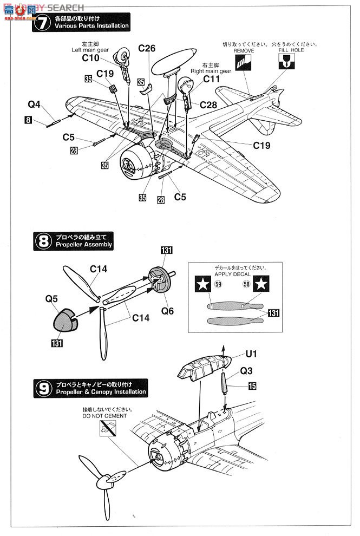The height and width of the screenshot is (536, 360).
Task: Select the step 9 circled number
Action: click(x=43, y=388)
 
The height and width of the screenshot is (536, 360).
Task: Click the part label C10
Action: click(x=90, y=58)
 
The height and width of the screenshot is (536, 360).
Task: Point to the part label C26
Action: click(x=146, y=49)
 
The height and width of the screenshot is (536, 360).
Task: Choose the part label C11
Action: click(x=212, y=79)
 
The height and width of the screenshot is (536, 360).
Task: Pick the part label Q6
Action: click(x=168, y=311)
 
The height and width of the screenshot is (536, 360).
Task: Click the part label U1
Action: click(x=252, y=354)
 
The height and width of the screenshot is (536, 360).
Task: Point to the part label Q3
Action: click(x=247, y=371)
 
